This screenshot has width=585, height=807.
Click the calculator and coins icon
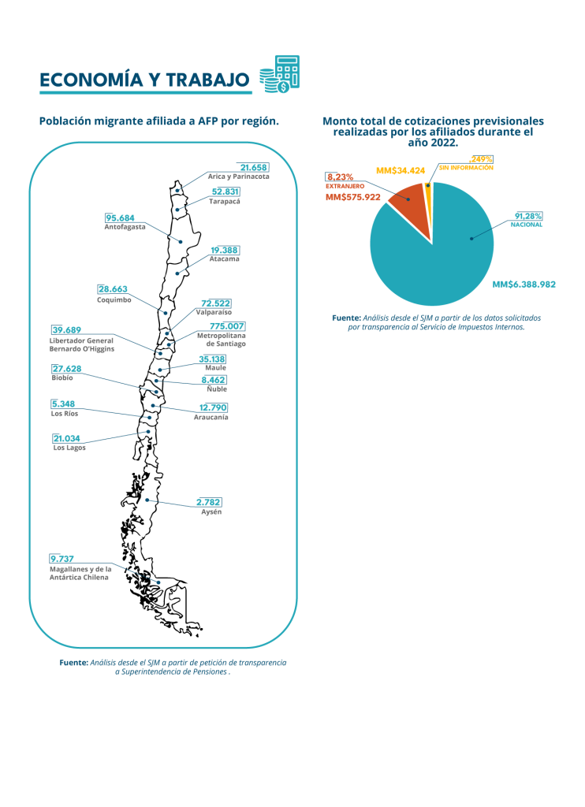click(x=279, y=74)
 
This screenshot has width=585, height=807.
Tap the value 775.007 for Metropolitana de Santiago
click(x=226, y=326)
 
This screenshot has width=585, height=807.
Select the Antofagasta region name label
click(x=125, y=227)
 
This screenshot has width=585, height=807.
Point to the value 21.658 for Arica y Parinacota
click(x=254, y=167)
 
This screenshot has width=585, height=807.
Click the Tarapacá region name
click(x=225, y=201)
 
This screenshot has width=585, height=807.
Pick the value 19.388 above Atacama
click(x=225, y=250)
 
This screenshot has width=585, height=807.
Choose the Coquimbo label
click(x=114, y=299)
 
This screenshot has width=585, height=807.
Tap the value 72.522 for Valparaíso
click(x=216, y=303)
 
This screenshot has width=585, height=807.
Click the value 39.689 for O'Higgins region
click(x=66, y=330)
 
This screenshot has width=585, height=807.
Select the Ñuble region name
click(x=217, y=389)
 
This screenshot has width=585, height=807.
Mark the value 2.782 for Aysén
click(x=209, y=502)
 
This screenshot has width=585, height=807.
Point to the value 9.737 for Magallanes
click(x=61, y=559)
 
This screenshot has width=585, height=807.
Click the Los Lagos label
click(x=69, y=448)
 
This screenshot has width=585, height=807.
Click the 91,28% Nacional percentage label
click(x=528, y=216)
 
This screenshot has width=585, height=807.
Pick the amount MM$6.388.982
click(x=524, y=284)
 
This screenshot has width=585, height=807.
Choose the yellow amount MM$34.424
click(x=401, y=170)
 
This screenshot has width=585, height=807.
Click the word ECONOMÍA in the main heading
click(x=91, y=80)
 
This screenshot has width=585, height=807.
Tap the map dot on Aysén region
click(x=147, y=500)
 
